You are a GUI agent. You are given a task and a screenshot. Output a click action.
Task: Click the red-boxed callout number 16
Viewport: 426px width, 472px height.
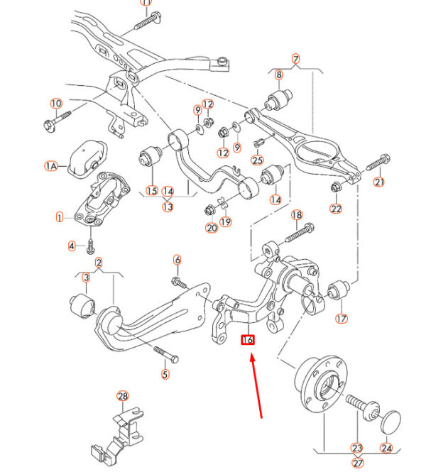click(x=248, y=340)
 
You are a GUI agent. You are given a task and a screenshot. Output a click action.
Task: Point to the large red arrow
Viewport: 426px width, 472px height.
click(x=256, y=386)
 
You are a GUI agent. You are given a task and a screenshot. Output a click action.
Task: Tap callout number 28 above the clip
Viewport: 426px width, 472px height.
click(x=123, y=396)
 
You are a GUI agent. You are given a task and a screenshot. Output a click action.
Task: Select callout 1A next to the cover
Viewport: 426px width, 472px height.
click(x=51, y=166)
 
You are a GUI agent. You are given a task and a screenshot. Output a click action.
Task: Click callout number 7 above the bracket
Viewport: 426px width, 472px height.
click(x=295, y=59)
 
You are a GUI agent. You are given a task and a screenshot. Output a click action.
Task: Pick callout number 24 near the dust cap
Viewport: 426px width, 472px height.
click(x=386, y=448)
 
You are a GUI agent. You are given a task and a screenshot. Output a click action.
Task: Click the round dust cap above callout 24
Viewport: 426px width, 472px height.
click(x=390, y=422)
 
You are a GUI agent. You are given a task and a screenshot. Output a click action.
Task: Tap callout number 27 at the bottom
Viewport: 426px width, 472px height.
click(x=358, y=463)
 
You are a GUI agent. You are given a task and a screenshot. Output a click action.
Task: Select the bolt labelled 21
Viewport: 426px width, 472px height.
click(x=378, y=162)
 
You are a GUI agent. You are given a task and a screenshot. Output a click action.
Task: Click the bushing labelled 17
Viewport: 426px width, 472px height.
click(x=339, y=290)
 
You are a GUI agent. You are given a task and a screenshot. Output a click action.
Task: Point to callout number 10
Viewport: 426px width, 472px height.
click(x=56, y=104)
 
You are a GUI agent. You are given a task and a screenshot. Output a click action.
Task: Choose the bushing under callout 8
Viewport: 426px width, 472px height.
click(x=278, y=99)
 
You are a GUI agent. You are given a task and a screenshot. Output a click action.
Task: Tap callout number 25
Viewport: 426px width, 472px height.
click(x=258, y=160)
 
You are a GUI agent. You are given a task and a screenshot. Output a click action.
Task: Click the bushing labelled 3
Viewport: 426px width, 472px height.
click(x=82, y=306)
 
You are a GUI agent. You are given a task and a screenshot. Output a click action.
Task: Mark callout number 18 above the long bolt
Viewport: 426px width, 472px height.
click(x=297, y=215)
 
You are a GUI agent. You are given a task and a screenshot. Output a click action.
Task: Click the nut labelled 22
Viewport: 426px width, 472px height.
click(x=336, y=187)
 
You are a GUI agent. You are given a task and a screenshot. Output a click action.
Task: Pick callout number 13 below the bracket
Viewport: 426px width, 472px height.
click(x=168, y=207)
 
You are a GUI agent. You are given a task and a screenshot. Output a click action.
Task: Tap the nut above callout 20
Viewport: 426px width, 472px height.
click(x=209, y=209)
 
